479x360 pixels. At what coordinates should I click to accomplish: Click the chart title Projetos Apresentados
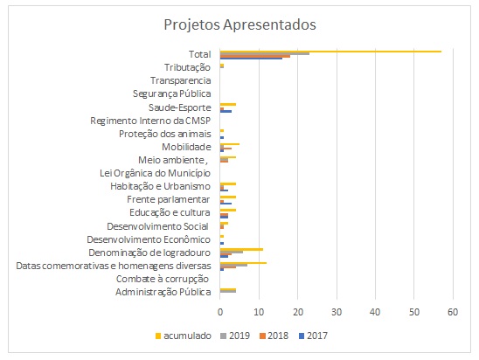point(239,24)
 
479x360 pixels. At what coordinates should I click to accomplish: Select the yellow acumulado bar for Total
point(330,52)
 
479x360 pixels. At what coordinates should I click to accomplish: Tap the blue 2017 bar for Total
point(251,58)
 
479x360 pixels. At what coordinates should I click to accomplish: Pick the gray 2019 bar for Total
point(265,53)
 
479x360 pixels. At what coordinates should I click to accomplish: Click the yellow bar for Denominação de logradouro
point(241,249)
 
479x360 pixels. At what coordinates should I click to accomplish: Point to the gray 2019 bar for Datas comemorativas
point(233,265)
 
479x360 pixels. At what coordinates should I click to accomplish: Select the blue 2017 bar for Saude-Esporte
point(226,111)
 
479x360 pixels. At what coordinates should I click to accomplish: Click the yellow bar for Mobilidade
point(230,144)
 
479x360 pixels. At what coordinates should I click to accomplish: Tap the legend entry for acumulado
point(183,336)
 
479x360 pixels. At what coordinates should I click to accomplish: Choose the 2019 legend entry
point(235,336)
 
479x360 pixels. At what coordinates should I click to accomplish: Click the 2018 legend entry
point(274,336)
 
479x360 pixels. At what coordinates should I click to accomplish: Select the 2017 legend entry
point(313,336)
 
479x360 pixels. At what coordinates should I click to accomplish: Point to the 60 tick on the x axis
point(453,312)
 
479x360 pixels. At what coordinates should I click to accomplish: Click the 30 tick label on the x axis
point(337,312)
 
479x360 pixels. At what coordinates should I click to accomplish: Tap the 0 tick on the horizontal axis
point(220,312)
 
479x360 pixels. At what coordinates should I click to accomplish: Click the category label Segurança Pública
point(171,93)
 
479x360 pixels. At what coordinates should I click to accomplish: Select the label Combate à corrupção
point(163,279)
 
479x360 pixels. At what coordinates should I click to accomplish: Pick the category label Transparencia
point(181,80)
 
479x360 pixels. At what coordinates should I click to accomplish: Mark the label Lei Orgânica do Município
point(156,173)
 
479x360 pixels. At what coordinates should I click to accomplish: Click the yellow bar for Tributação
point(222,66)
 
